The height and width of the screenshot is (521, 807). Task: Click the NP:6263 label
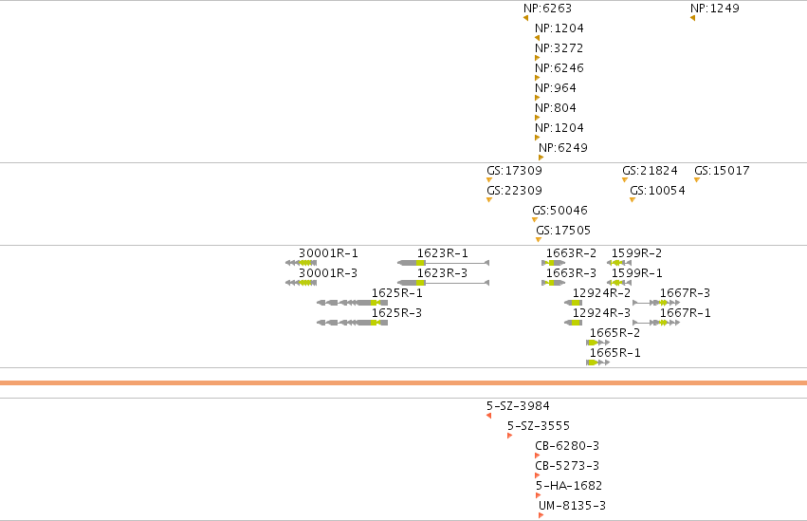tap(547, 9)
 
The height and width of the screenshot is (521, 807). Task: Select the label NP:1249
tap(714, 9)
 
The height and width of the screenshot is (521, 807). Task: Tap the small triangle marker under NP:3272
tap(538, 58)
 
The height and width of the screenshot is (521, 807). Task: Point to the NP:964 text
tap(556, 88)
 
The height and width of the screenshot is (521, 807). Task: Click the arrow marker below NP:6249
tap(541, 158)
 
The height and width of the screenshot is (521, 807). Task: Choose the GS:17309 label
tap(514, 171)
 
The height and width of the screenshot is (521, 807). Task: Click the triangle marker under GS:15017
tap(697, 179)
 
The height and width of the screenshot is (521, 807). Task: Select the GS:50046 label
tap(559, 211)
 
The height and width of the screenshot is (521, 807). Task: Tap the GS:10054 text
tap(657, 191)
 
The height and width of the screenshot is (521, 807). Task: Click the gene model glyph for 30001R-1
tap(301, 263)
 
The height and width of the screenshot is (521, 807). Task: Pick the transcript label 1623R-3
tap(442, 273)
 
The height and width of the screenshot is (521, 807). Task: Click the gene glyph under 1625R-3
tap(352, 323)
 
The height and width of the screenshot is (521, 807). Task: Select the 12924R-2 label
tap(601, 293)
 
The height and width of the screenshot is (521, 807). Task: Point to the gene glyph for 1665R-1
tap(598, 363)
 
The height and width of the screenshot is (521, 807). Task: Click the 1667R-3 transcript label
tap(685, 293)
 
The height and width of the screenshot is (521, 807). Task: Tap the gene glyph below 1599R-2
tap(619, 263)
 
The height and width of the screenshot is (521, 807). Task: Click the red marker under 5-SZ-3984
tap(489, 416)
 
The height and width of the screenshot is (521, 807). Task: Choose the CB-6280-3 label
tap(567, 446)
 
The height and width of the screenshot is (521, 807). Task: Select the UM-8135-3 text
tap(573, 506)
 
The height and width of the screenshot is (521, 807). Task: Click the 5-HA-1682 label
tap(569, 486)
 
